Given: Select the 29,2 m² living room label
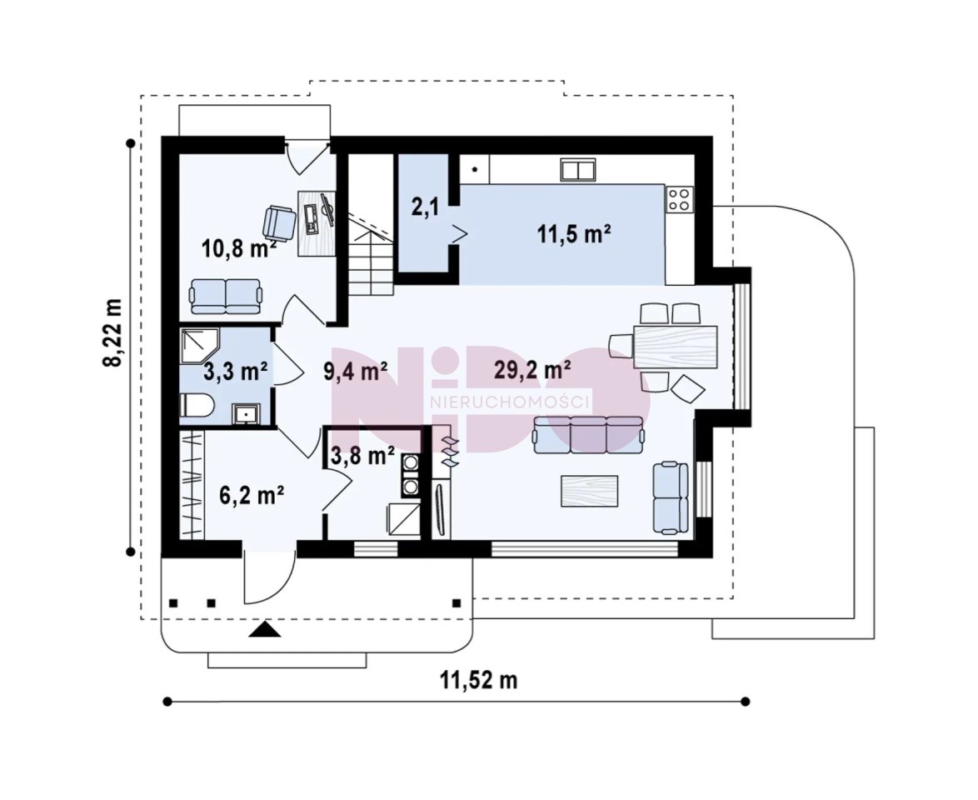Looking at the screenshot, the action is tap(532, 370).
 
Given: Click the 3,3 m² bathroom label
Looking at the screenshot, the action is tap(236, 372).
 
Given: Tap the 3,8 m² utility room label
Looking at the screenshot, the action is tap(362, 456).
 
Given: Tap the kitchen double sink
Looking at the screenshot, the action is tap(577, 169).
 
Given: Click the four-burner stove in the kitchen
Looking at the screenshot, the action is tap(679, 199).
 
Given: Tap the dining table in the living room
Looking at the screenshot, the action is tap(675, 347).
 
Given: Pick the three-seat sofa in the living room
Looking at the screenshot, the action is tap(588, 434).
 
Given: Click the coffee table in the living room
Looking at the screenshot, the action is tap(590, 491).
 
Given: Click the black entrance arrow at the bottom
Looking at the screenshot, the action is tap(265, 630).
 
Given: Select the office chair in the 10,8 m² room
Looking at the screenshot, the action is tap(278, 222).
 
